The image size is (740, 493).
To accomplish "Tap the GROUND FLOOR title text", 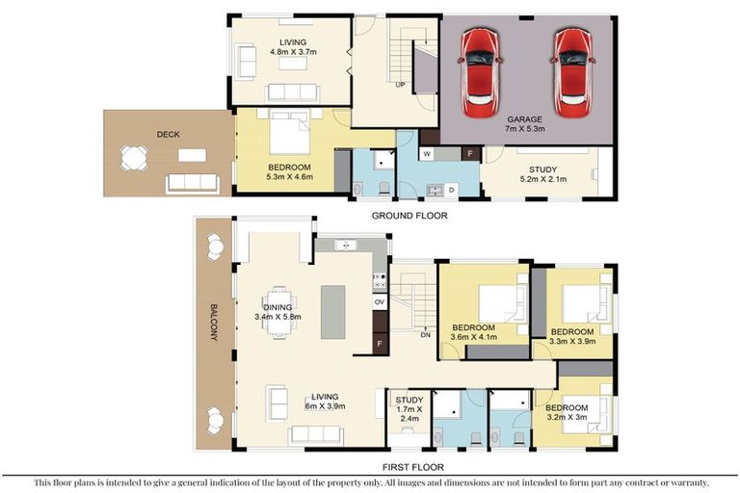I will coord(410,217).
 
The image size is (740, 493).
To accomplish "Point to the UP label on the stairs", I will coord(400,85).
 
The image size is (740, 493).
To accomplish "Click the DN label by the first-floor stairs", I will coord(425,335).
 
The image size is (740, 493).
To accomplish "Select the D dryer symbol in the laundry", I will coord(451,189).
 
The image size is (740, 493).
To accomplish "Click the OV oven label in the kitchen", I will coord(380,301).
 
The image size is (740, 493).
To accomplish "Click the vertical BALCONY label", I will coord(213,324).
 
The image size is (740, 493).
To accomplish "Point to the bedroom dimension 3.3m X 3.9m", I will coord(572,340).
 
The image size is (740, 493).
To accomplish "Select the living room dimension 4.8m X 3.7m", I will coord(293,55).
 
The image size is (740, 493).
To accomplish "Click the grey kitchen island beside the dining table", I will coord(333,311).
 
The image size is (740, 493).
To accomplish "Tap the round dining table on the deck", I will coord(134,157).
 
